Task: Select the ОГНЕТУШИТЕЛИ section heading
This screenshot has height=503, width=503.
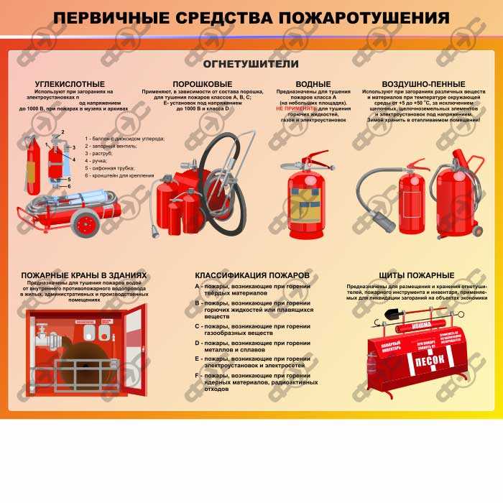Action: [251, 63]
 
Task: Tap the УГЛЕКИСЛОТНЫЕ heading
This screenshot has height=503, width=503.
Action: [70, 84]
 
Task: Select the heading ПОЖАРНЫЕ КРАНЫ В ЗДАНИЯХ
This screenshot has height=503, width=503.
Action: [84, 275]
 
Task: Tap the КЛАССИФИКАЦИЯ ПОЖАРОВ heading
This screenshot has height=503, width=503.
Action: [252, 275]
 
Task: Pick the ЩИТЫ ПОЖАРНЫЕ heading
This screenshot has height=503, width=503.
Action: [417, 275]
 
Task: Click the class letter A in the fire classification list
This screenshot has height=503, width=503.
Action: [197, 286]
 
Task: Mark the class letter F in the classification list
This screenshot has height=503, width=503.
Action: [197, 375]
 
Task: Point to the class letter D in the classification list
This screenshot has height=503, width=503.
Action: [197, 344]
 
